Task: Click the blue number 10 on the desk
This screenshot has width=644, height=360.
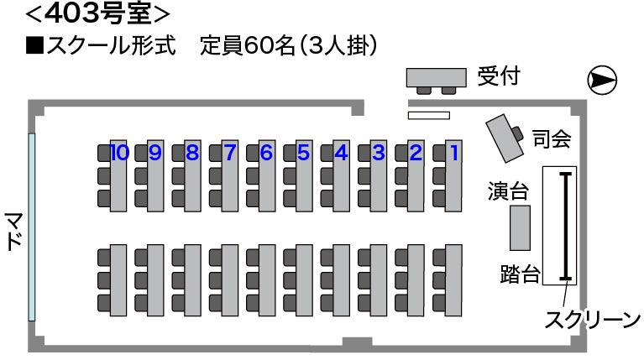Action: pos(118,153)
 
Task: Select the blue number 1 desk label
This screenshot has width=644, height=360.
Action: pos(455,153)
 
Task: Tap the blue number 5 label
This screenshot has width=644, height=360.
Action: pos(303,153)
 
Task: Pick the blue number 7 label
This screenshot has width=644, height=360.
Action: pos(229,153)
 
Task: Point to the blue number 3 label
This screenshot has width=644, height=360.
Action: pos(379,153)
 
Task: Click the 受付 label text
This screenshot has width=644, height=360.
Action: pos(499,76)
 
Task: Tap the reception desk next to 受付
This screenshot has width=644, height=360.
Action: pos(436,78)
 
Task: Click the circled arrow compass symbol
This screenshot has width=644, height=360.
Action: pos(601,80)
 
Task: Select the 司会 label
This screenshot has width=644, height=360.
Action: pos(552,139)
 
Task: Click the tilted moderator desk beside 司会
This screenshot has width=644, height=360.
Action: pos(506,136)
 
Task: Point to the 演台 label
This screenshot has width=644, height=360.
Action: pos(509,191)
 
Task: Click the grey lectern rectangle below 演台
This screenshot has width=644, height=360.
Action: pos(521,227)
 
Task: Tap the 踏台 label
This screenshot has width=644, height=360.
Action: pos(520,274)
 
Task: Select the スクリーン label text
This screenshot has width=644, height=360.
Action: pos(593,320)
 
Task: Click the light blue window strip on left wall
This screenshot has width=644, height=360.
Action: pos(32,227)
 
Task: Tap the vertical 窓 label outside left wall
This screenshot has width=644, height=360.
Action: pos(14,231)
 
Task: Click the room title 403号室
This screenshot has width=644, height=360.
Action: pos(99,13)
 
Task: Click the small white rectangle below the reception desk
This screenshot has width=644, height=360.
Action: pos(429,115)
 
